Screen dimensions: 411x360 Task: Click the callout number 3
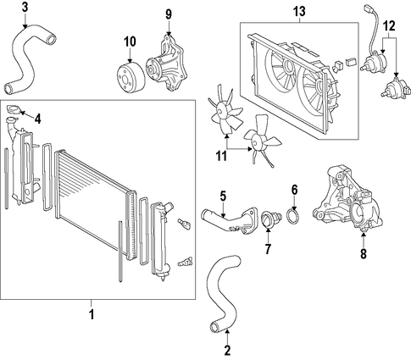pos(25,7)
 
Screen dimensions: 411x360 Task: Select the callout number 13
pos(299,11)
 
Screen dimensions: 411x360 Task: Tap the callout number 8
pos(364,253)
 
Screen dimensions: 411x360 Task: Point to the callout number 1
pos(92,313)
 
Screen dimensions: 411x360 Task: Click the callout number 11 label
pos(221,156)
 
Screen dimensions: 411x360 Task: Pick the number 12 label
pos(389,26)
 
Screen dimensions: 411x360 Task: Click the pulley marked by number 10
pos(131,77)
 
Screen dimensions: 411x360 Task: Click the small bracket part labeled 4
pos(13,108)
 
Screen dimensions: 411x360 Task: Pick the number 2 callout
pos(227,351)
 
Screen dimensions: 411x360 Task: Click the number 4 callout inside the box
pos(37,119)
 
